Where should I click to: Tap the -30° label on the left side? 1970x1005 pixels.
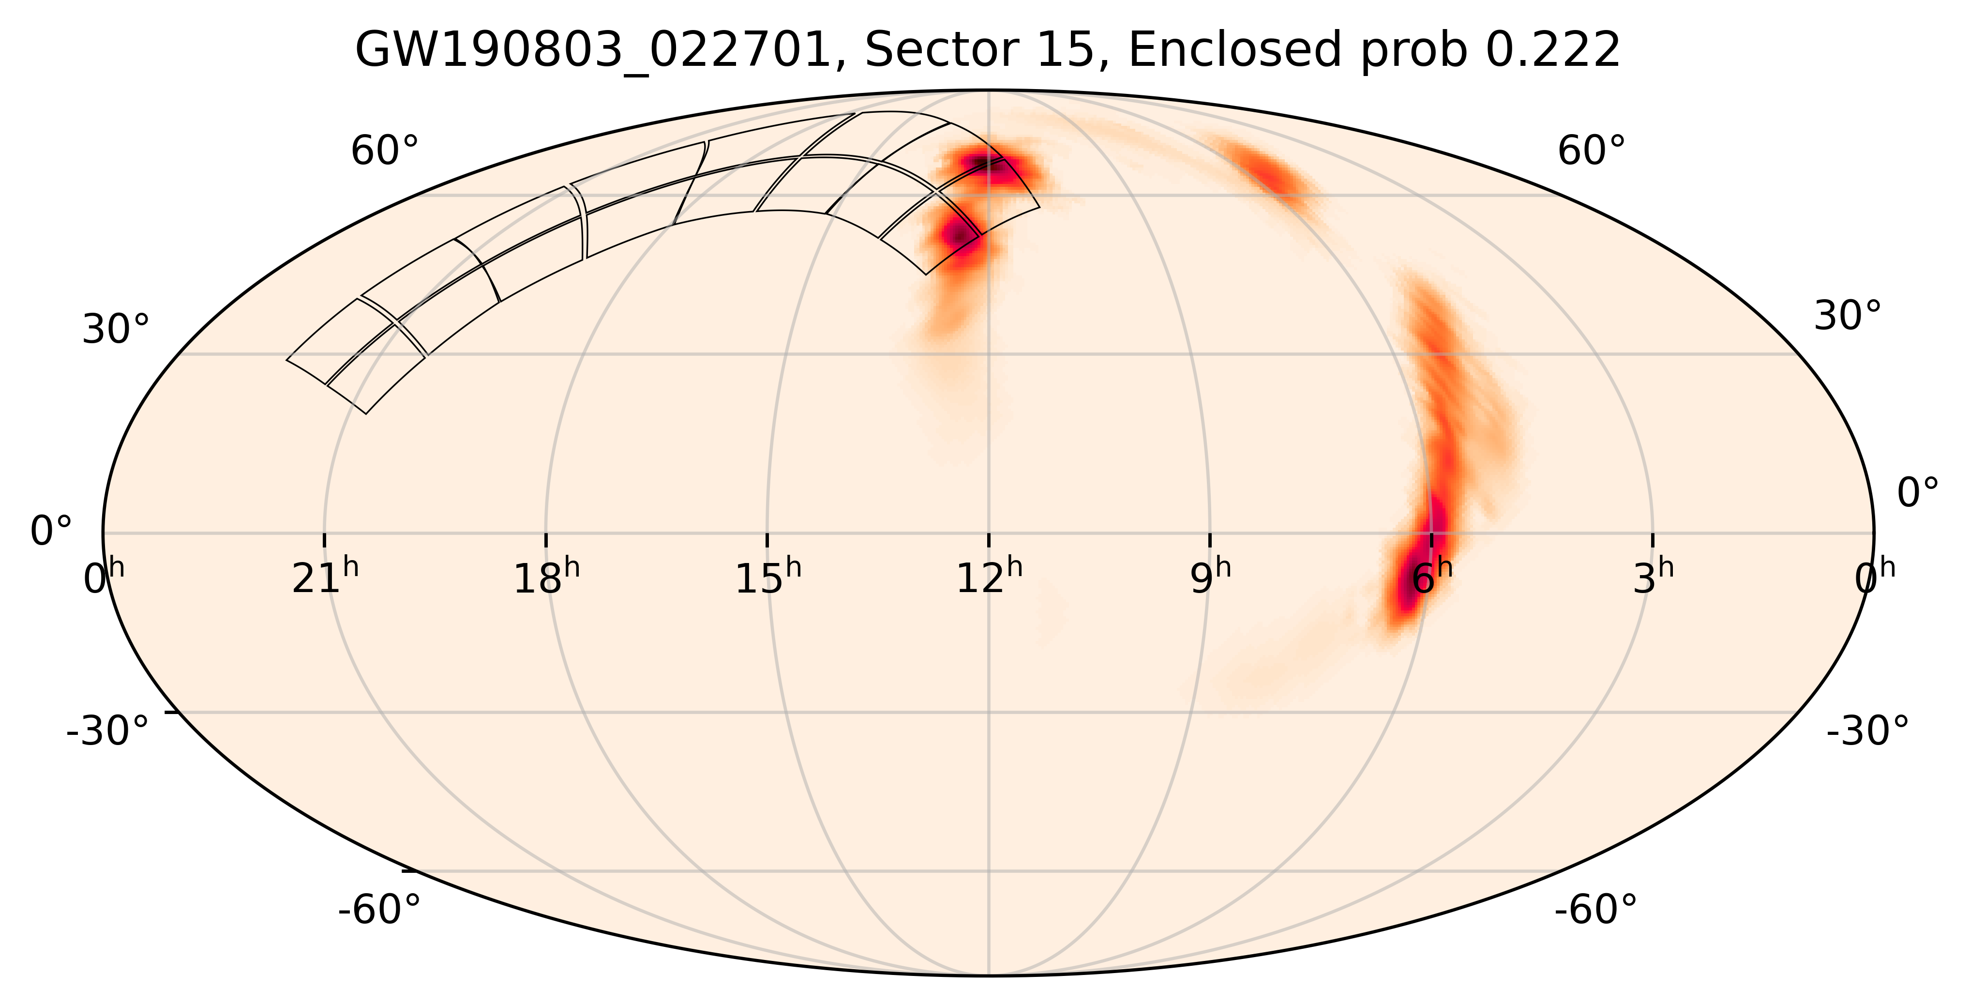click(108, 731)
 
